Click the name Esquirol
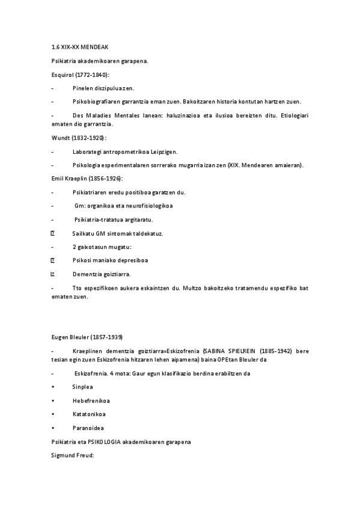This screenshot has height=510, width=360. point(63,74)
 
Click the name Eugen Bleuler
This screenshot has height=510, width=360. point(72,336)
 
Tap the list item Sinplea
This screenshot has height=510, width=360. point(83,387)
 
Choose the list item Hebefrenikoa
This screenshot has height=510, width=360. point(91,401)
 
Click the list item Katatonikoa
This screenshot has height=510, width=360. point(90,414)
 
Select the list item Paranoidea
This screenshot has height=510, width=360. point(88,428)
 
